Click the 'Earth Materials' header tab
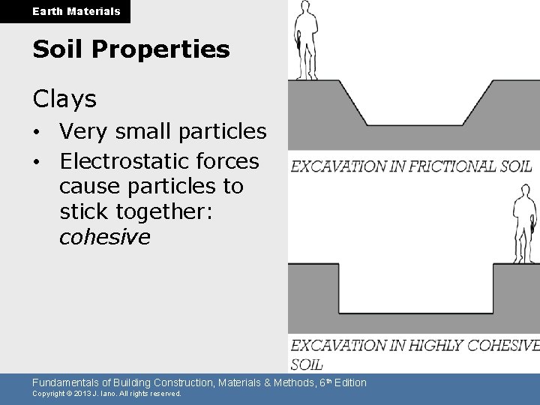76,11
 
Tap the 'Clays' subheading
64,98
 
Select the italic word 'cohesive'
105,237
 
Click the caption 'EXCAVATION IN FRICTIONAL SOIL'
411,166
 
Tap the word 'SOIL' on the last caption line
306,364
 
